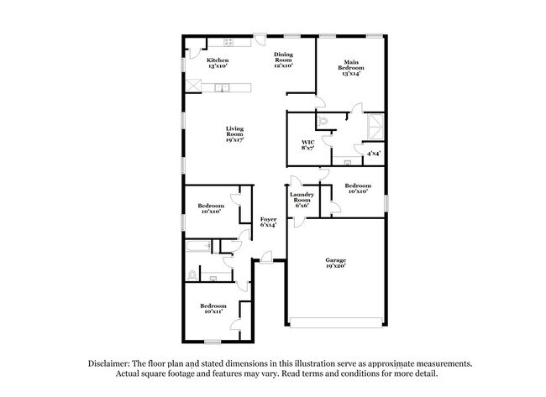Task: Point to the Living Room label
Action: coord(234,134)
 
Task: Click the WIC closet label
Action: coord(307,145)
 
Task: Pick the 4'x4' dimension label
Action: coord(372,153)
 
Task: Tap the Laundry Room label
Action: coord(302,200)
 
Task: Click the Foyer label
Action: coord(268,222)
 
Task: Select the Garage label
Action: coord(336,264)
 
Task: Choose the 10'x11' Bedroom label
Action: coord(213,309)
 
